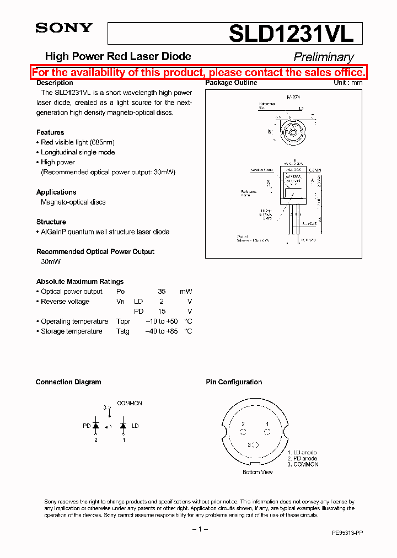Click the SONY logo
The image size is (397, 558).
pyautogui.click(x=64, y=28)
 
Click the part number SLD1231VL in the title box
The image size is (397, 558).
pyautogui.click(x=291, y=34)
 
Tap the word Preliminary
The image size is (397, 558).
pyautogui.click(x=323, y=57)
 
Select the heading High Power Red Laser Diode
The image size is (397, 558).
pyautogui.click(x=117, y=56)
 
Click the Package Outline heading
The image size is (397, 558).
pyautogui.click(x=231, y=83)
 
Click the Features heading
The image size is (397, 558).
pyautogui.click(x=50, y=132)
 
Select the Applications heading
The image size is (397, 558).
pyautogui.click(x=56, y=192)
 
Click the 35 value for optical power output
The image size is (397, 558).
pyautogui.click(x=162, y=292)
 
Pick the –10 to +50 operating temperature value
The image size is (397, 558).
pyautogui.click(x=162, y=321)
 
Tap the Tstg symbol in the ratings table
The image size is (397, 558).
pyautogui.click(x=123, y=331)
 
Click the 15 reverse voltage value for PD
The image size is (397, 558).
pyautogui.click(x=162, y=312)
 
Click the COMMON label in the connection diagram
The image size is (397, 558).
pyautogui.click(x=130, y=404)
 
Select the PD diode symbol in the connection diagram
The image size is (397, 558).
pyautogui.click(x=95, y=426)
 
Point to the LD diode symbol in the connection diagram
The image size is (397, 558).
pyautogui.click(x=123, y=426)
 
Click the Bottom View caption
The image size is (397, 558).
pyautogui.click(x=257, y=473)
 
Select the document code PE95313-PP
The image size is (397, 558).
pyautogui.click(x=347, y=533)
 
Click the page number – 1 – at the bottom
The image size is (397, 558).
pyautogui.click(x=199, y=529)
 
